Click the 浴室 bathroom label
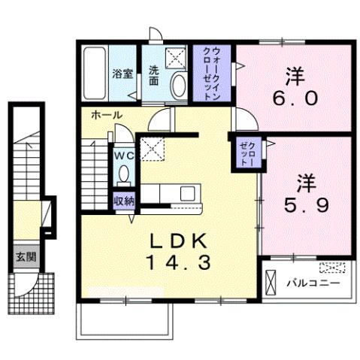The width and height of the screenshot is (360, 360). [123, 74]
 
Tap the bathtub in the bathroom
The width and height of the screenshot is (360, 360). [95, 73]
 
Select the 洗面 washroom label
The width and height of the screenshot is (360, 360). [153, 74]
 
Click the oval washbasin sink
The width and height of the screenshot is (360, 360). [179, 85]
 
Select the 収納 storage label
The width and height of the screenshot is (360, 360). [123, 201]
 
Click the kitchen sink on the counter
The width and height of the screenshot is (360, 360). [186, 193]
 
